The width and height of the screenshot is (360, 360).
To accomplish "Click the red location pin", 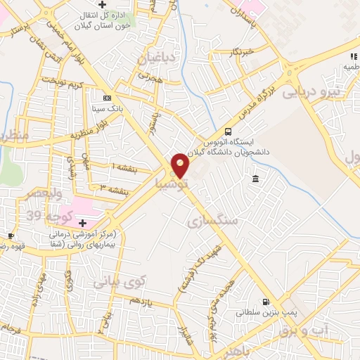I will (x=180, y=165).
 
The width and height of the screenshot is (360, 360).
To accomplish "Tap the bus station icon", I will (x=227, y=131).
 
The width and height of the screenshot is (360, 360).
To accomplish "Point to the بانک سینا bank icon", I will (x=107, y=98).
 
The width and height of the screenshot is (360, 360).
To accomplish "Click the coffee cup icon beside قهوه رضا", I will (x=11, y=236).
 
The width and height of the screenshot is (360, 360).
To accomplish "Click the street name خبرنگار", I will (x=243, y=51).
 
